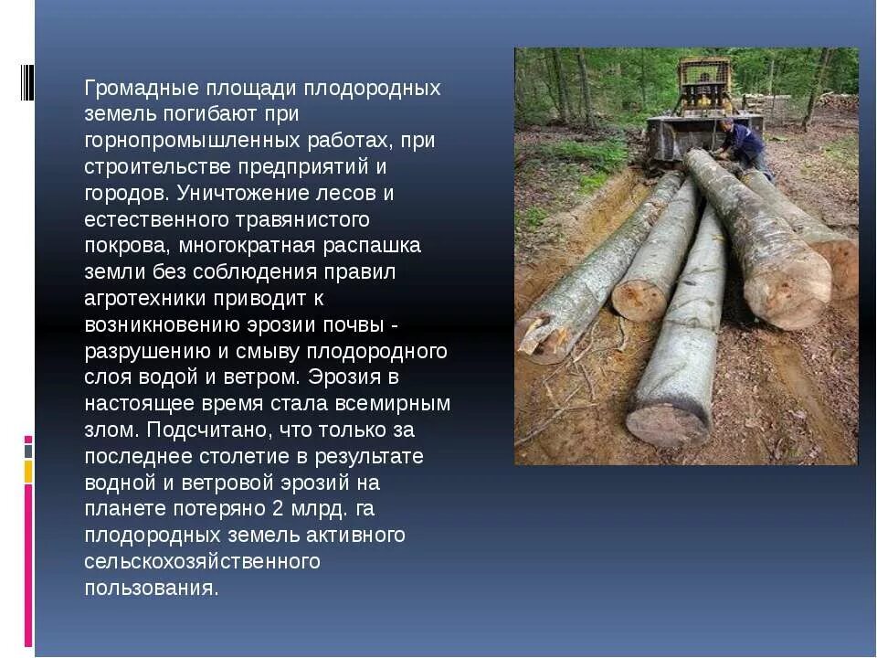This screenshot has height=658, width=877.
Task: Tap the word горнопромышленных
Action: pos(193,142)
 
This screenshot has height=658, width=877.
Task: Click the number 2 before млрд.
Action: pos(277,509)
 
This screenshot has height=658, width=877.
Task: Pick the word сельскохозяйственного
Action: pos(202,561)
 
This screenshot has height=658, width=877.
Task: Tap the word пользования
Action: pos(151,588)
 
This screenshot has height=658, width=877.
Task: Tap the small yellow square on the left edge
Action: pos(28,472)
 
